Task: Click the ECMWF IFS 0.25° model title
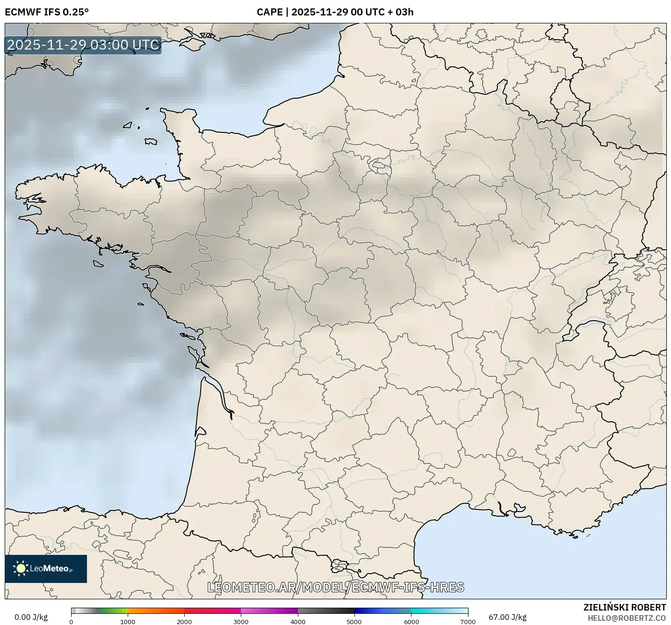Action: tap(47, 12)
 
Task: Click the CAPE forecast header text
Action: tap(335, 12)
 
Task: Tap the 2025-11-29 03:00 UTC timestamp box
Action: tap(83, 45)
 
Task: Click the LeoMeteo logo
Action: tap(46, 568)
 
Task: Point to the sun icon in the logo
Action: tap(21, 568)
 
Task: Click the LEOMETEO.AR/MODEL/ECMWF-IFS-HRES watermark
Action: tap(335, 587)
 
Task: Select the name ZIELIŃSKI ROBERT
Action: tap(624, 607)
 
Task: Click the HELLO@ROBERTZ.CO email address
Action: tap(627, 618)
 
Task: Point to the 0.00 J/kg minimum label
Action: tap(31, 617)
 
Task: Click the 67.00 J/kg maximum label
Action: tap(507, 617)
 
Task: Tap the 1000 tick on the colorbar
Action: tap(128, 621)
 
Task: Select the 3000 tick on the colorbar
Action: tap(241, 621)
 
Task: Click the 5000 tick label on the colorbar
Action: tap(354, 621)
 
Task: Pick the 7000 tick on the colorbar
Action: tap(468, 621)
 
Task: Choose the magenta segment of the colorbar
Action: tap(269, 611)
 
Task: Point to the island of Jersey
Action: tap(151, 141)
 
